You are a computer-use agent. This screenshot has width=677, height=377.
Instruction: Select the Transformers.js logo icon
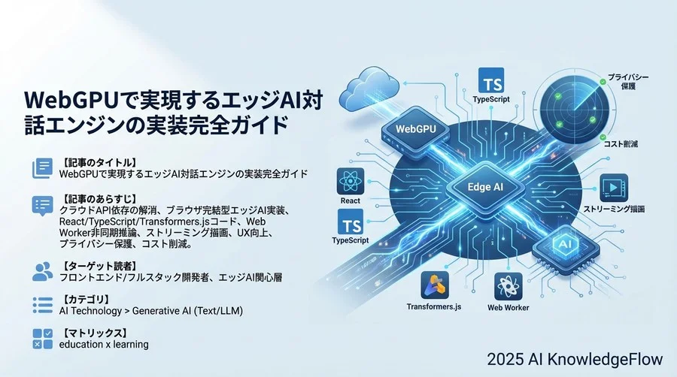coord(436,285)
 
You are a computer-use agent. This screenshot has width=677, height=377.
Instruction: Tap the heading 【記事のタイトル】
coord(98,162)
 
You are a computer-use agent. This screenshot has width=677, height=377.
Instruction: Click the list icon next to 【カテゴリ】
coord(42,304)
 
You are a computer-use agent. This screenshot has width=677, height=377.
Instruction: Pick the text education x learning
coord(104,344)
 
